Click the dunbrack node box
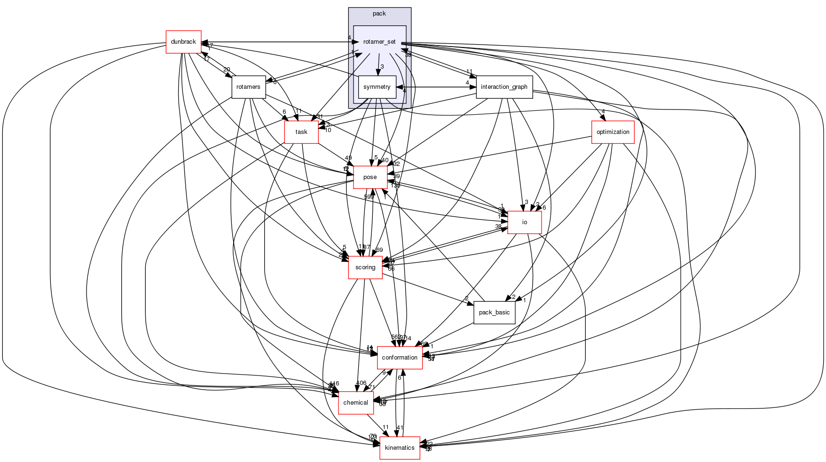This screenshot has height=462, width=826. coord(183,42)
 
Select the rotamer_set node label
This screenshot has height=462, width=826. coord(379,42)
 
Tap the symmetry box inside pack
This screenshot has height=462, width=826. coord(377,87)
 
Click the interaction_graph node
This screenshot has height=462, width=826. coord(504,87)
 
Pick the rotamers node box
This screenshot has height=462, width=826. coord(248,87)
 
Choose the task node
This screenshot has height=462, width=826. coord(301,132)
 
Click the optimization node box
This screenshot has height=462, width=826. coord(613,132)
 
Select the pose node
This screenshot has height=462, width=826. coord(370,177)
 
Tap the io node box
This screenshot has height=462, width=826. coord(525,222)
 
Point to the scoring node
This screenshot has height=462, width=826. coord(365,267)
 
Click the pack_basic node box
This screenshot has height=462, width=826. coord(494,313)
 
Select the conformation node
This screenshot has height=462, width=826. coord(400,358)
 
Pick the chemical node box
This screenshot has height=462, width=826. coord(355,403)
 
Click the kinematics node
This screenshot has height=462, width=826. coord(400,448)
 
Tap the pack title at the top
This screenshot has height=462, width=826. coord(379,14)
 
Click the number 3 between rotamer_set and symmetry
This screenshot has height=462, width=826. coord(382,67)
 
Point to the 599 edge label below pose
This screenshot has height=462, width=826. coord(369,197)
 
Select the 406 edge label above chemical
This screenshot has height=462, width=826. coord(361,383)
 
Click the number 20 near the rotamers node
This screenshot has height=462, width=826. coord(227,70)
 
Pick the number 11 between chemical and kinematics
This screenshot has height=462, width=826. coord(385,428)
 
